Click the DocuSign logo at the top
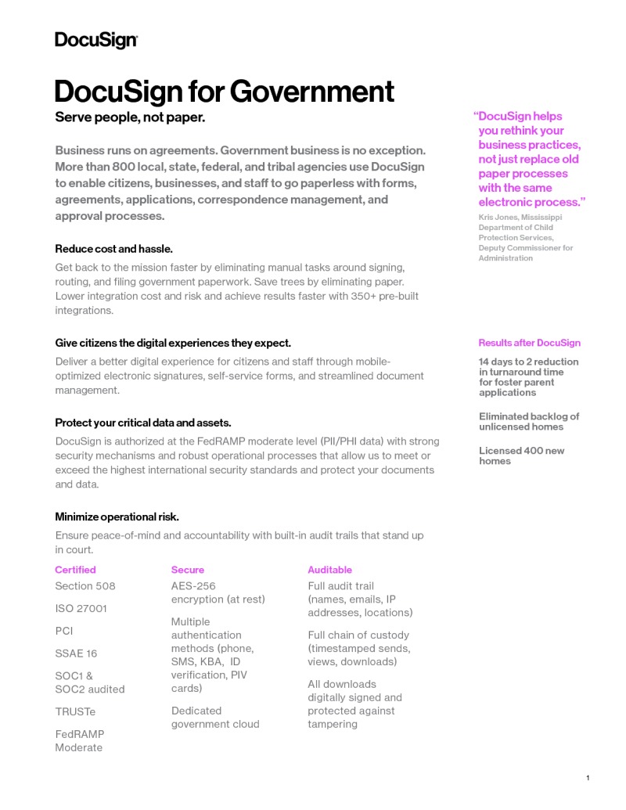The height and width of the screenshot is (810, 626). pyautogui.click(x=95, y=41)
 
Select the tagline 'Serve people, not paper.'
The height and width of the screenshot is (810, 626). pyautogui.click(x=130, y=117)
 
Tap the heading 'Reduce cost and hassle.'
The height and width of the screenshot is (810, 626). pyautogui.click(x=113, y=249)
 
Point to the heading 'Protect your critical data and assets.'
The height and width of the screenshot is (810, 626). pyautogui.click(x=143, y=423)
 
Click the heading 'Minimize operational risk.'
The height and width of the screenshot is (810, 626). pyautogui.click(x=117, y=517)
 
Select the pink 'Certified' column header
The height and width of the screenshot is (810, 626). pyautogui.click(x=75, y=570)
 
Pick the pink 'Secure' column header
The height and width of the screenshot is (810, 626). pyautogui.click(x=187, y=570)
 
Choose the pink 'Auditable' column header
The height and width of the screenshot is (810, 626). pyautogui.click(x=329, y=570)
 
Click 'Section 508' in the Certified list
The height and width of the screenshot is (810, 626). pyautogui.click(x=85, y=586)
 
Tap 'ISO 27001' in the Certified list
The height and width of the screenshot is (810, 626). pyautogui.click(x=81, y=608)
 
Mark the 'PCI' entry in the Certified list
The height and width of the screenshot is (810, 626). pyautogui.click(x=64, y=631)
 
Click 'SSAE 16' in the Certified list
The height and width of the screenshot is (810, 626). pyautogui.click(x=76, y=653)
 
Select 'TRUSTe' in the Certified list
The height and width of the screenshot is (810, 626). pyautogui.click(x=75, y=711)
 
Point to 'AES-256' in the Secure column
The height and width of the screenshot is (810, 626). pyautogui.click(x=193, y=586)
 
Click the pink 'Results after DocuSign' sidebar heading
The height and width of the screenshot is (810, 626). pyautogui.click(x=529, y=343)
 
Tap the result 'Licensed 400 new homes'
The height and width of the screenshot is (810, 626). pyautogui.click(x=521, y=455)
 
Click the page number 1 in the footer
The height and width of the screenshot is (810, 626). pyautogui.click(x=587, y=777)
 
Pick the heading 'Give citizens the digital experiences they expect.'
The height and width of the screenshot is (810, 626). pyautogui.click(x=173, y=343)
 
